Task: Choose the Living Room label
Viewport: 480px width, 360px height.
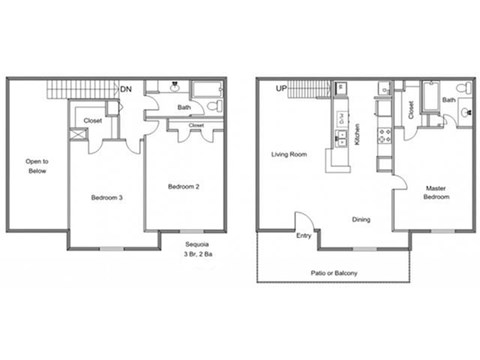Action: coord(289,155)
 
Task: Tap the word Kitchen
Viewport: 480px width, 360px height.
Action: coord(357,134)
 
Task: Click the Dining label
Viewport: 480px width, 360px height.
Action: coord(362,220)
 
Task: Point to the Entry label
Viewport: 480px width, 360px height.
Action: coord(303,236)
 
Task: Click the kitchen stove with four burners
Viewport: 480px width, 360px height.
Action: coord(382,136)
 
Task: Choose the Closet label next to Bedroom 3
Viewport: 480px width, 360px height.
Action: coord(93,121)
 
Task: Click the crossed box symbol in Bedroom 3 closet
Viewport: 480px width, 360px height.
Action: coord(77,131)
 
